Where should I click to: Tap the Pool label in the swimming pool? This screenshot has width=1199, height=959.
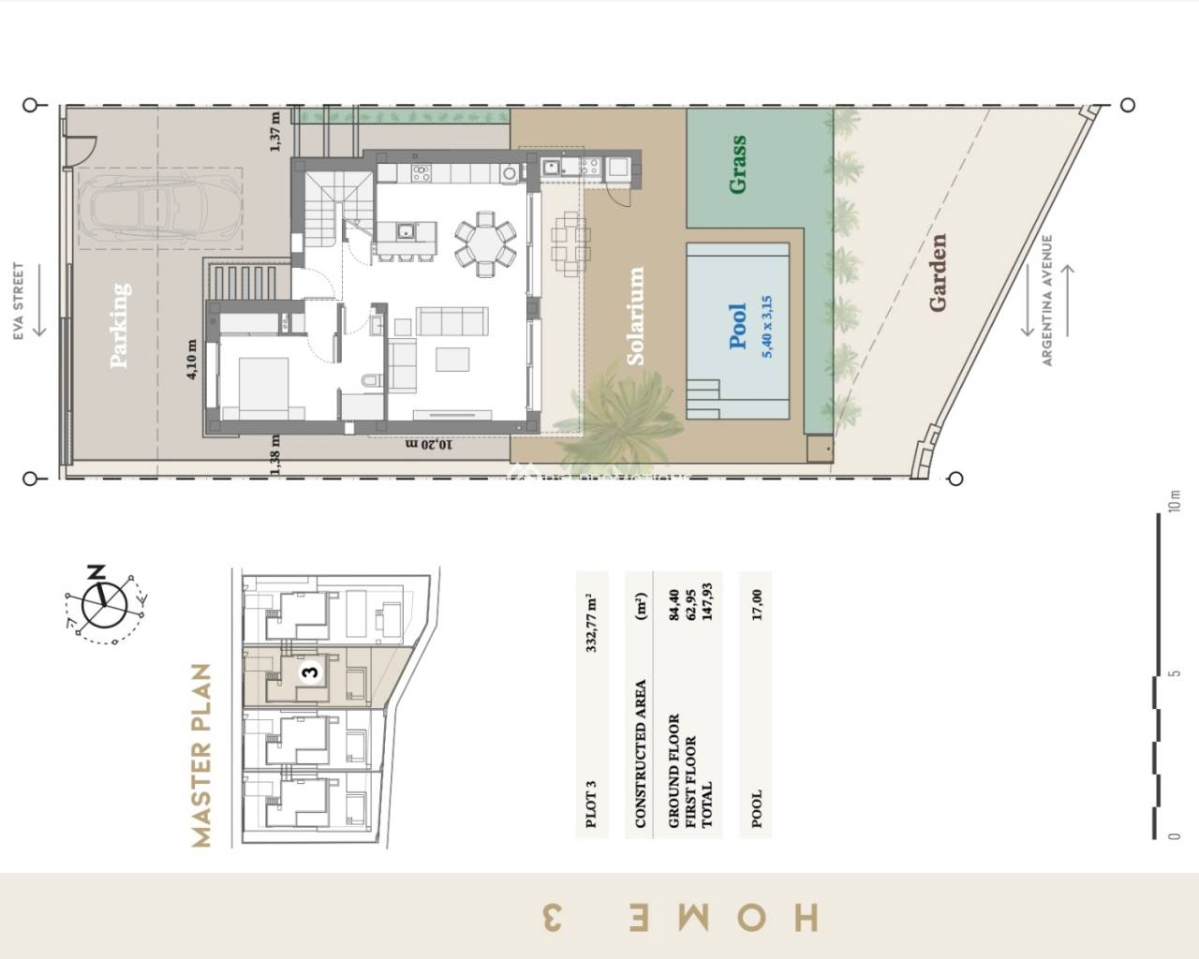[x=738, y=326]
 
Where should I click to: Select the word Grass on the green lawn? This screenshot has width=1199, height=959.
[x=738, y=165]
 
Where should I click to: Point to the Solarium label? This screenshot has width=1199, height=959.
[x=636, y=317]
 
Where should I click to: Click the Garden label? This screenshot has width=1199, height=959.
[x=938, y=273]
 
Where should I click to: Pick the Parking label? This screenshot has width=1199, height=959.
[x=120, y=325]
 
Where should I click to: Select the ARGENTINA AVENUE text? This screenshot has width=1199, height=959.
[x=1048, y=300]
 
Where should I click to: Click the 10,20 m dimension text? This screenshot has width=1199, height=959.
[x=428, y=444]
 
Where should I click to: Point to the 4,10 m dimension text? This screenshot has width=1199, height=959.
[x=192, y=359]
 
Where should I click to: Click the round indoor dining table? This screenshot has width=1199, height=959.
[x=484, y=243]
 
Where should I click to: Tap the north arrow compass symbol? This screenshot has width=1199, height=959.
[x=104, y=603]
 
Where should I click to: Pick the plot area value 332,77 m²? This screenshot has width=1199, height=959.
[x=591, y=622]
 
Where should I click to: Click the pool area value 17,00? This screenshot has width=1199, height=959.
[x=756, y=605]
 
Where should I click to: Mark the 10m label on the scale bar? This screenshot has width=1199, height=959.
[x=1176, y=501]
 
